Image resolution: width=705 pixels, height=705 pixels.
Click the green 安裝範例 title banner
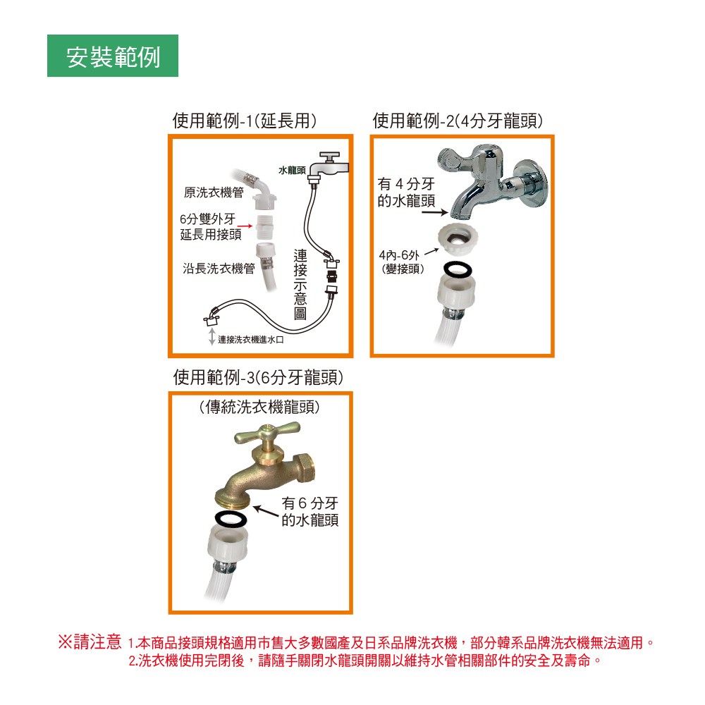coord(112,56)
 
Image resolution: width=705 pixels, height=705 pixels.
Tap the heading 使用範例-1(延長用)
coord(245,121)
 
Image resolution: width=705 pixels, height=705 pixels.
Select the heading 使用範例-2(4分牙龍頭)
coord(458,121)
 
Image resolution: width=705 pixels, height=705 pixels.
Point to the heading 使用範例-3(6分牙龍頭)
coord(258,377)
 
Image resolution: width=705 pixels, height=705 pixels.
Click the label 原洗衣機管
coord(214,192)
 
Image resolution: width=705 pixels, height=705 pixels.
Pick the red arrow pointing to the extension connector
coord(245,226)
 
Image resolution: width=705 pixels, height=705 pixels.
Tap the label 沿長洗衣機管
coord(219,269)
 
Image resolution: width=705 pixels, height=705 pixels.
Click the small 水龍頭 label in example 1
coord(292,170)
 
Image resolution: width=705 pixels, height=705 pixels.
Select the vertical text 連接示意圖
coord(300,284)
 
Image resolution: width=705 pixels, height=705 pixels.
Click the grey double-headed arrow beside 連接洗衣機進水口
coord(211,336)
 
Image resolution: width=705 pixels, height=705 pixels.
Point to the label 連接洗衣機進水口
coord(251,340)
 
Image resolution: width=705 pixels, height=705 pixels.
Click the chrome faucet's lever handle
coord(454,160)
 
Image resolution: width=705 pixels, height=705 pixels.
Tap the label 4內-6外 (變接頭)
coord(402,262)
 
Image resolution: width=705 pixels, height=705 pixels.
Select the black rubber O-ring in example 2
coord(458,270)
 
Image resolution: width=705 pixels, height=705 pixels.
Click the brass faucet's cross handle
coord(267,432)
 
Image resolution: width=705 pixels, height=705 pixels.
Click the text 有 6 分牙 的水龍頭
coord(310,511)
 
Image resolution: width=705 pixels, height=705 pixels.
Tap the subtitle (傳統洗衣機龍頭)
coord(259,407)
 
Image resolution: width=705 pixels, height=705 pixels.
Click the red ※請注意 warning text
coord(90,642)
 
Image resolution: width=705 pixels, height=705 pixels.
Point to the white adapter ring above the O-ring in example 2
coord(458,239)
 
